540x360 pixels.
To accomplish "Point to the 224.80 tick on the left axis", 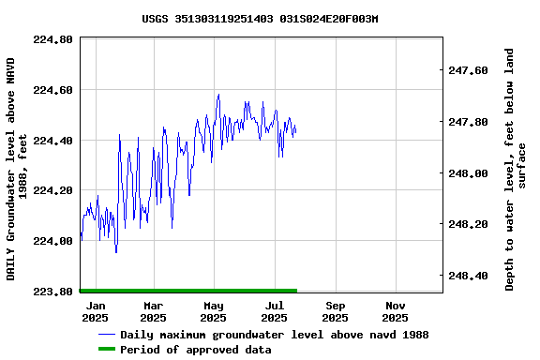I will point(52,40).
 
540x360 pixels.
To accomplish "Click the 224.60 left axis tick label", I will point(52,91).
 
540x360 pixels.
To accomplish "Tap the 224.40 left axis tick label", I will point(52,141).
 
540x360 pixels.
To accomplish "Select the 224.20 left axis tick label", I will point(52,191).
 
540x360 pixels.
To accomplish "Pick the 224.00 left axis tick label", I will point(52,242).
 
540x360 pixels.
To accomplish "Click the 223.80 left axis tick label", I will point(52,292).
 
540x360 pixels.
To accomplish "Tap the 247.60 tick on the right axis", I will point(469,71).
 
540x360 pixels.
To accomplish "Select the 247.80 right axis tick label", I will point(469,123).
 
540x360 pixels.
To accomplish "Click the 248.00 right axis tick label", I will point(469,173).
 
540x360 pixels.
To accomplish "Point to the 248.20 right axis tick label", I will point(469,225).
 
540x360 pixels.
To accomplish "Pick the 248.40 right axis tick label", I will point(469,277).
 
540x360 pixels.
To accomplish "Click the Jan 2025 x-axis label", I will point(95,312).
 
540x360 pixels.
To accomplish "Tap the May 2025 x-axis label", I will point(214,312).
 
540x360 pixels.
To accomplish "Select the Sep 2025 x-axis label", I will point(335,312).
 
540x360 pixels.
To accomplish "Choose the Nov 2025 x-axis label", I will point(396,312).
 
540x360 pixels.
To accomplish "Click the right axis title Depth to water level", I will point(516,169).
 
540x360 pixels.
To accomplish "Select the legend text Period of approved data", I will point(196,350).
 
